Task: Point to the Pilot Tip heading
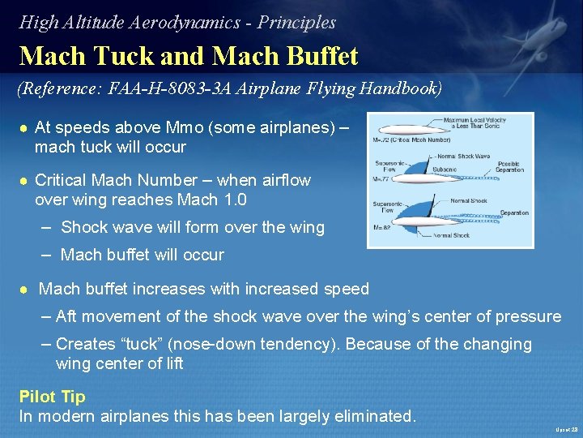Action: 52,397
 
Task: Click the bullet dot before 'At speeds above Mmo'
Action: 25,129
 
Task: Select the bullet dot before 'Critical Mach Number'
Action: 25,180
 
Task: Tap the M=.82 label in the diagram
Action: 382,228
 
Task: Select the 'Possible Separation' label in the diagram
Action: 509,167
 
